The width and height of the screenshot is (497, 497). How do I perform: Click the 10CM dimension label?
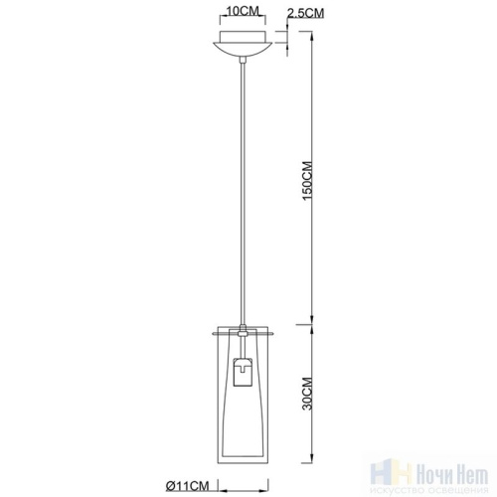pyautogui.click(x=243, y=11)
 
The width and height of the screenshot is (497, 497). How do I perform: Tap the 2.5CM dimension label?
pyautogui.click(x=305, y=13)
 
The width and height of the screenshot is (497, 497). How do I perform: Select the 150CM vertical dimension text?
pyautogui.click(x=307, y=181)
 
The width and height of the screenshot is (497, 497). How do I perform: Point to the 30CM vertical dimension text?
pyautogui.click(x=307, y=394)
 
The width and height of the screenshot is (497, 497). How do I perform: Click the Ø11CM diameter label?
pyautogui.click(x=188, y=486)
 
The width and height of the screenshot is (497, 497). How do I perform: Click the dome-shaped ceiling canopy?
pyautogui.click(x=243, y=50)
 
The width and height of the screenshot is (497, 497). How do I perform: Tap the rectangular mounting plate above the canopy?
pyautogui.click(x=243, y=37)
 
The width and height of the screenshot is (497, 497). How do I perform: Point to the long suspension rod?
pyautogui.click(x=243, y=193)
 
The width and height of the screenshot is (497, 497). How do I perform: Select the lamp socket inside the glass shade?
pyautogui.click(x=244, y=372)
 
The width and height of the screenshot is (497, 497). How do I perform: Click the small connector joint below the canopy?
pyautogui.click(x=243, y=60)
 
